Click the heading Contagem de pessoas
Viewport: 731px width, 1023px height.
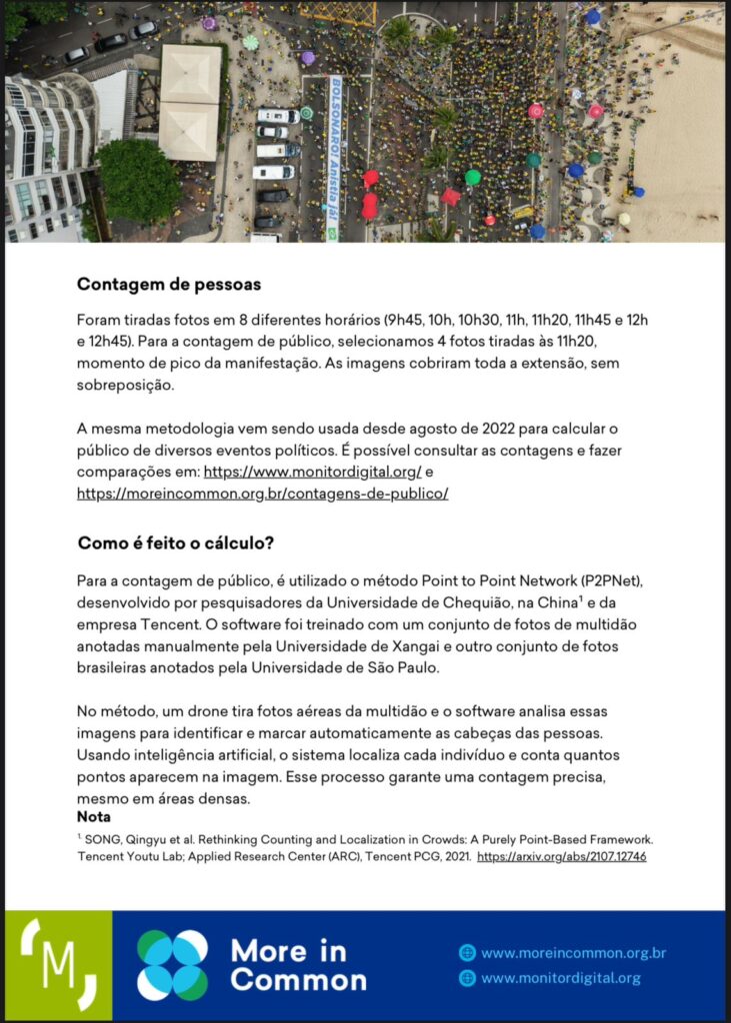(x=168, y=284)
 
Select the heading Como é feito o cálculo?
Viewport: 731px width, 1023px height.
(x=175, y=543)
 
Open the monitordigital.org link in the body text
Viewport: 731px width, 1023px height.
(x=312, y=472)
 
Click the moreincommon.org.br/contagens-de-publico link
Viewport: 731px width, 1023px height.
(x=262, y=494)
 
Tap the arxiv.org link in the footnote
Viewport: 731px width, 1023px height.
(x=561, y=857)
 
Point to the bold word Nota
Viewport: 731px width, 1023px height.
(x=94, y=817)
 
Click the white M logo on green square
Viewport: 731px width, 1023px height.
(x=58, y=965)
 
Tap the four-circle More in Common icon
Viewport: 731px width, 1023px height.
(x=172, y=965)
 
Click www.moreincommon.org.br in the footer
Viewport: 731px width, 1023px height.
(x=573, y=953)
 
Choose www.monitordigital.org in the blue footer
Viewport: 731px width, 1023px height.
(x=560, y=979)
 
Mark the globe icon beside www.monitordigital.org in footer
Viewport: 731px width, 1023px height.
(x=467, y=979)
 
